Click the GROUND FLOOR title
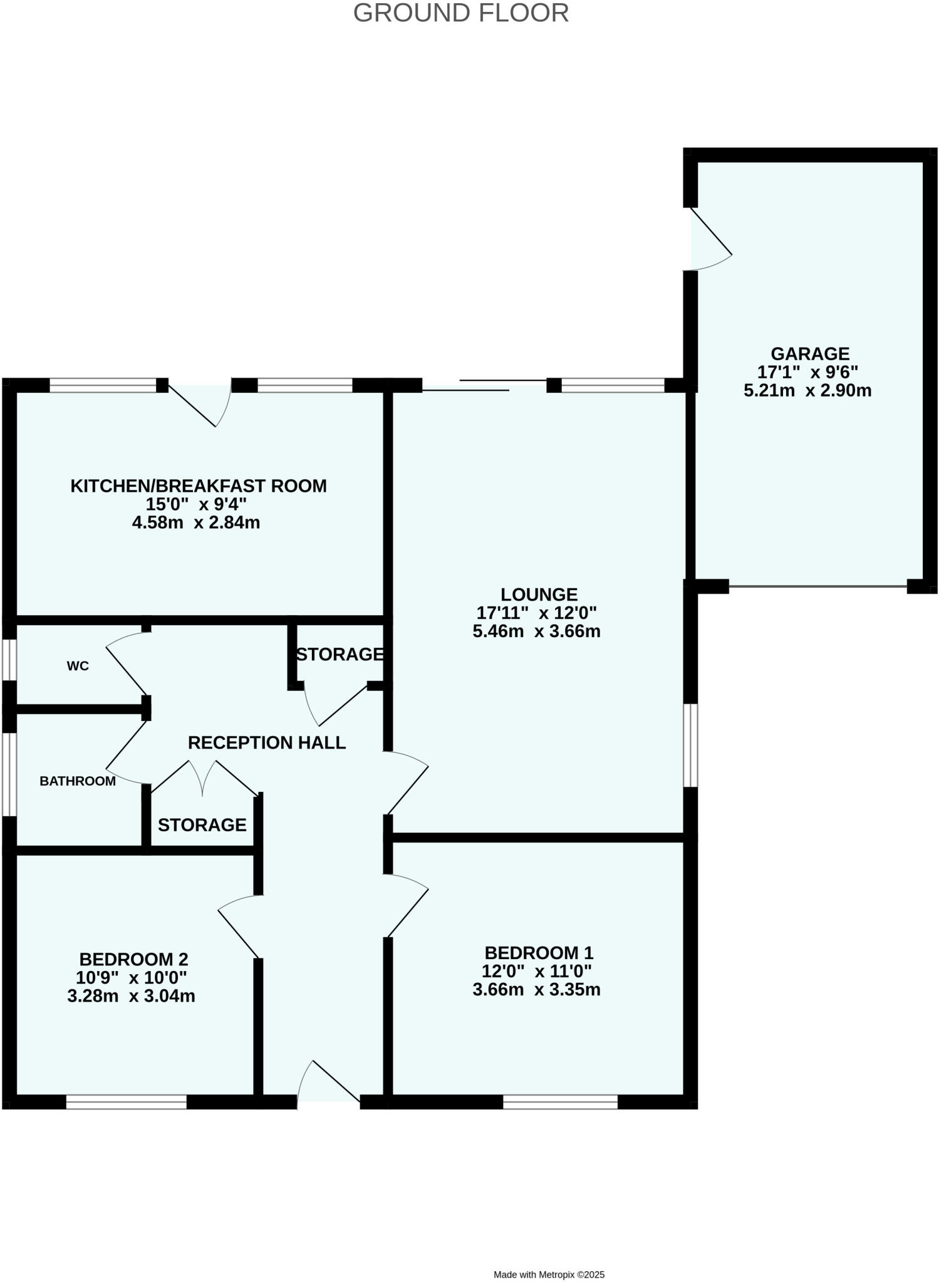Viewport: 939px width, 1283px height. (460, 13)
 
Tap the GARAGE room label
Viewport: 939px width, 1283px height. (809, 354)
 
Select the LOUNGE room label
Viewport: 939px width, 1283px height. (539, 594)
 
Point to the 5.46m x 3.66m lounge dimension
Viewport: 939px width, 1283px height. (536, 631)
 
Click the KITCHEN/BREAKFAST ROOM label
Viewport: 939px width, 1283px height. (198, 486)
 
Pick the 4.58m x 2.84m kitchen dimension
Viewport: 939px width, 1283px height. (195, 522)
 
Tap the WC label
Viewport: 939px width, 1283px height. (78, 666)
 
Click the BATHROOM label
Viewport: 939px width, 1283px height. (78, 781)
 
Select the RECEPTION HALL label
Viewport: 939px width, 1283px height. (267, 742)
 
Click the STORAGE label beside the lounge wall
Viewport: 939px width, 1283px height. (340, 654)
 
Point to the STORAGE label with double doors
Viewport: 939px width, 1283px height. (202, 825)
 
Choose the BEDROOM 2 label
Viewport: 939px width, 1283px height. (133, 959)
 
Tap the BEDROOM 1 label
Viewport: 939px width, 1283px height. (539, 953)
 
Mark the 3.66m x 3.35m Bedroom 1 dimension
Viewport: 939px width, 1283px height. (536, 990)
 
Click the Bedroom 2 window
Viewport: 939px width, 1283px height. (127, 1102)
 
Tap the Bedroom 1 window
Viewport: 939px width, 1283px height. (560, 1102)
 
